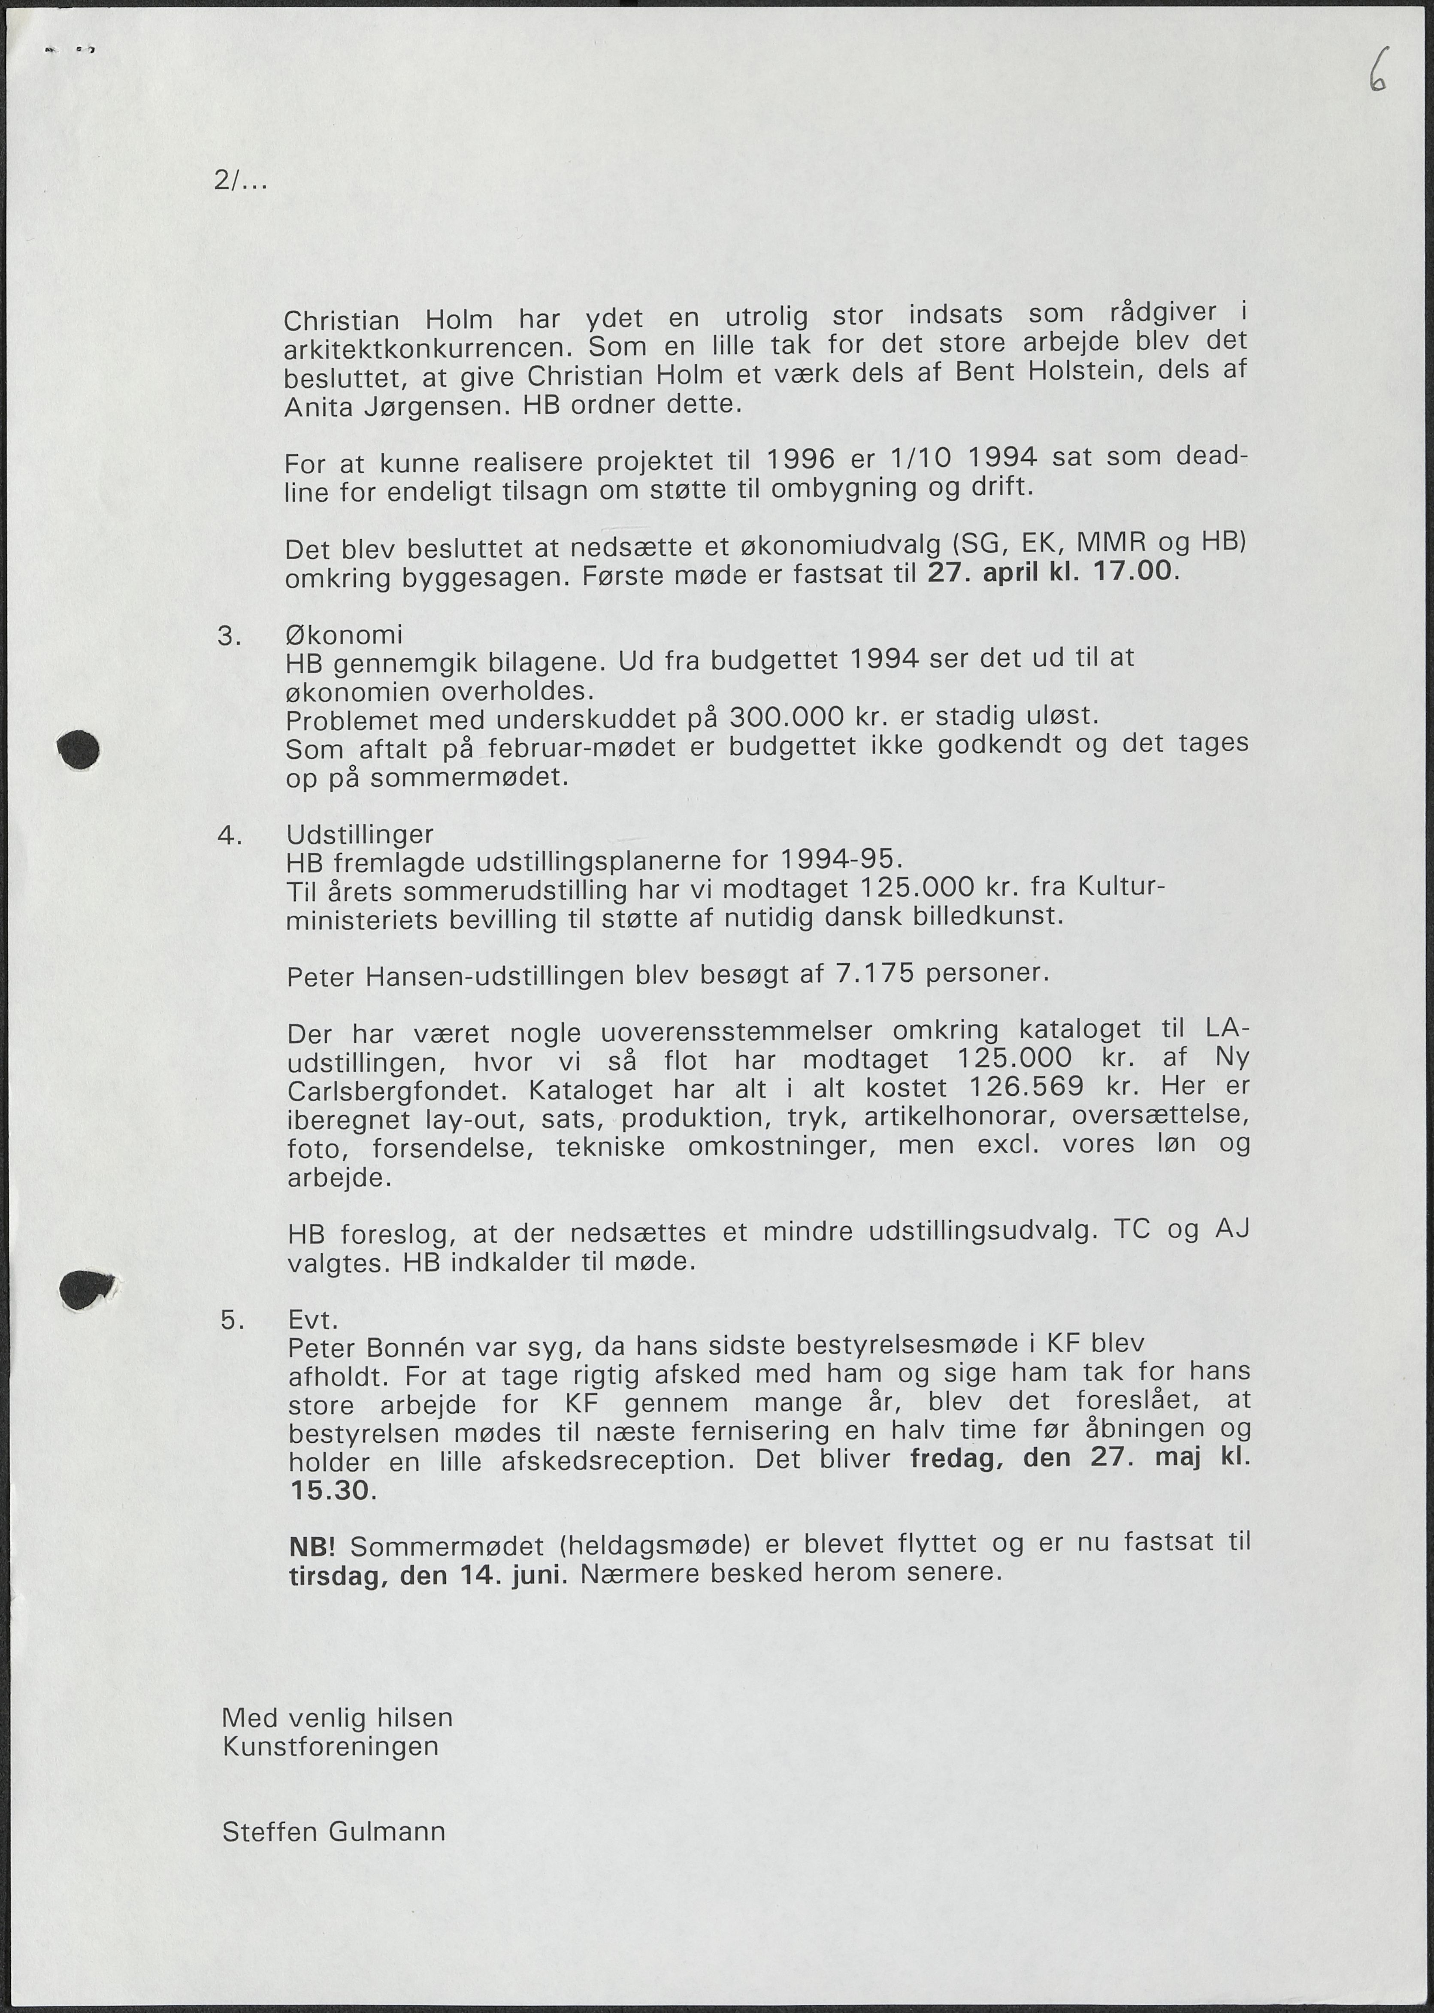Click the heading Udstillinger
360,834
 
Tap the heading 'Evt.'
314,1320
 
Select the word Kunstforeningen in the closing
330,1747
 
